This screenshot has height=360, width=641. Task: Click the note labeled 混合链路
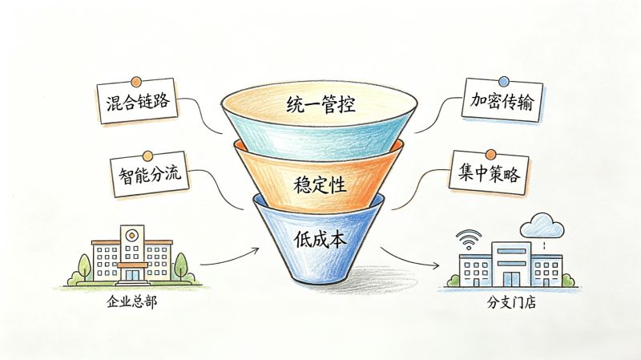pos(138,101)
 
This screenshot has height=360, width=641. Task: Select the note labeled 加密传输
pos(502,101)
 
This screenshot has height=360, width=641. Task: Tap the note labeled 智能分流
pos(150,174)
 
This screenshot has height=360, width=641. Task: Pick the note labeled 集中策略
pos(489,172)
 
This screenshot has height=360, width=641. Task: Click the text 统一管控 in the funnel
pos(320,104)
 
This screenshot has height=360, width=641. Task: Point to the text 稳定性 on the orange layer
pos(320,184)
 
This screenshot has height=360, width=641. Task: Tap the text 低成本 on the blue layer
pos(320,239)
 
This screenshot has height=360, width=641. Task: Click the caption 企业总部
pos(131,302)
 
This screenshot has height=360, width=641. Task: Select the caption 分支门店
pos(511,302)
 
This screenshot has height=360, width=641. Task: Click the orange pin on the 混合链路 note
pos(136,82)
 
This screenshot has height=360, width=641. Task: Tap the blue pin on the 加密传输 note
pos(504,81)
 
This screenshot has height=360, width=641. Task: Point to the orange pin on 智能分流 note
pos(147,156)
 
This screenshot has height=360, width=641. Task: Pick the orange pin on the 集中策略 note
pos(491,154)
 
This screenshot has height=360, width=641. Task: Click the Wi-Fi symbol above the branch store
pos(469,239)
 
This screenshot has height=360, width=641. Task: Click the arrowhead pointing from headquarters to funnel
pos(256,249)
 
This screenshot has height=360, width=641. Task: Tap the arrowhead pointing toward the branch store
pos(436,266)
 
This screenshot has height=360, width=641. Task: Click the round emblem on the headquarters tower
pos(131,236)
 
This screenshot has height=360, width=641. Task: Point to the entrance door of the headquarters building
pos(131,274)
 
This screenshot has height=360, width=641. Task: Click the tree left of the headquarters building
pos(84,268)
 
